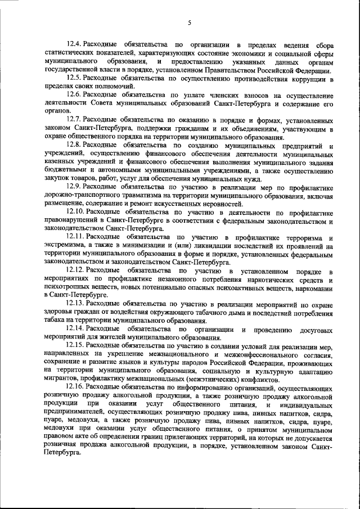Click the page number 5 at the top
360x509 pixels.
(x=190, y=22)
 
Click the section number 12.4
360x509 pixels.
(x=74, y=44)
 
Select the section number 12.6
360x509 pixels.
(x=74, y=96)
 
